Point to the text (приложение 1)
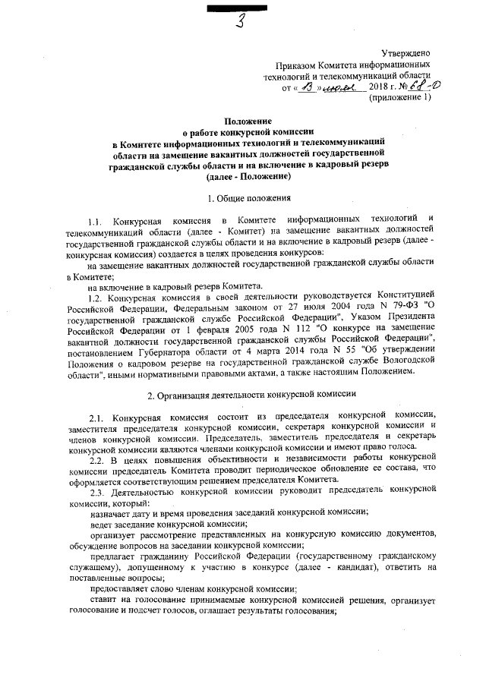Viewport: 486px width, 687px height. (400, 99)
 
